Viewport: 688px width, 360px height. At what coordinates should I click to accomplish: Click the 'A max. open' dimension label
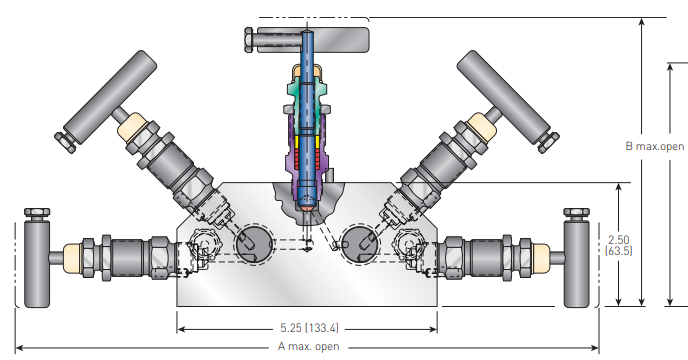pos(308,347)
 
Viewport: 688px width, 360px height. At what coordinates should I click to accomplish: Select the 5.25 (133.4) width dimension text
pos(308,327)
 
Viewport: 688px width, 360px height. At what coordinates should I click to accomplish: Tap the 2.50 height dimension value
pos(619,239)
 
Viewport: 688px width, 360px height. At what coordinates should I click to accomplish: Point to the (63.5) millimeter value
pos(619,252)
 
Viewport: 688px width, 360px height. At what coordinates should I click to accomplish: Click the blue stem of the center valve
pos(307,60)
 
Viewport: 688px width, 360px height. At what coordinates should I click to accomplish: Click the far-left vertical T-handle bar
pos(39,265)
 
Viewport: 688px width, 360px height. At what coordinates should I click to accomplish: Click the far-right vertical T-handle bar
pos(577,265)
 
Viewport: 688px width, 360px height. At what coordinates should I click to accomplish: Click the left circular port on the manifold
pos(253,242)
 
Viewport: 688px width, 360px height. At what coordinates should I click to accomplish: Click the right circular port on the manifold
pos(359,242)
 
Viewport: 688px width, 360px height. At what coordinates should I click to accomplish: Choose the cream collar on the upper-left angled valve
pos(134,129)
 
